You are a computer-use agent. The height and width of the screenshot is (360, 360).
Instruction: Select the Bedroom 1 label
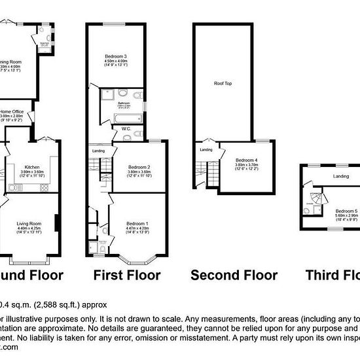point(136,224)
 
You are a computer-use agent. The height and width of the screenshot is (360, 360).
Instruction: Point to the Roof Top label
point(223,83)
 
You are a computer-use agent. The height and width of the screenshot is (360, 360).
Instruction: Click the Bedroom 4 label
point(246,160)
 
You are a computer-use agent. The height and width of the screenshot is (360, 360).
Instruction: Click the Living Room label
point(28,224)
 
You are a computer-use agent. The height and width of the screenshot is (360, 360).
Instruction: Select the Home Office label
point(12,112)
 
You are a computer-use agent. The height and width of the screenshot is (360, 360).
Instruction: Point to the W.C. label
point(127,130)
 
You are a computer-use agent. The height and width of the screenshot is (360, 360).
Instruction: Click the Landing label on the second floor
point(206,151)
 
